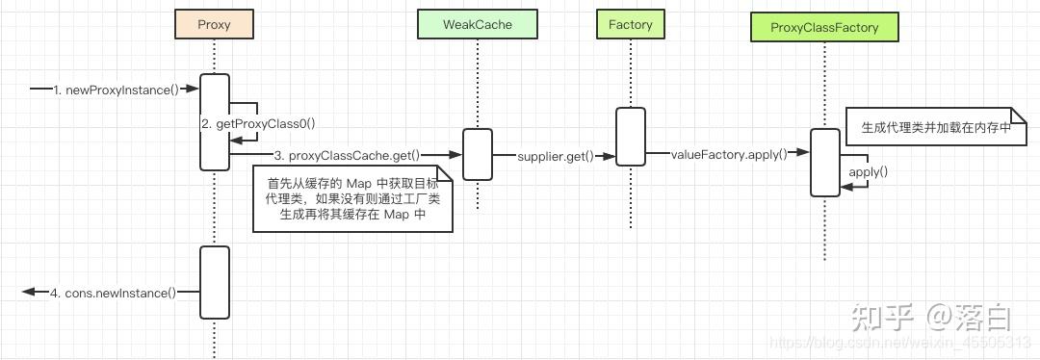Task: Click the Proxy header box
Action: tap(214, 25)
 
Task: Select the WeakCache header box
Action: tap(477, 25)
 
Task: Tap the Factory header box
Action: tap(630, 25)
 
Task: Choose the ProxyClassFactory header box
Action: tap(824, 27)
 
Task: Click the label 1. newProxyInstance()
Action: tap(117, 90)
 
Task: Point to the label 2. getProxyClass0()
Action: tap(259, 123)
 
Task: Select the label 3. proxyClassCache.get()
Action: tap(347, 155)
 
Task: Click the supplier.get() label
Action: tap(555, 155)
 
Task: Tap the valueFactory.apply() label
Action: tap(729, 153)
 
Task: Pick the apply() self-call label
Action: tap(868, 171)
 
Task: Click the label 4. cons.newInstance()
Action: tap(114, 293)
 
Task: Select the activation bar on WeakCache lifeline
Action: tap(477, 154)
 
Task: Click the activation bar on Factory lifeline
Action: tap(630, 136)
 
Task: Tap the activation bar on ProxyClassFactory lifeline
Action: tap(824, 162)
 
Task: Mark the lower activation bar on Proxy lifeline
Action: tap(214, 282)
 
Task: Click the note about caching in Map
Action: tap(351, 198)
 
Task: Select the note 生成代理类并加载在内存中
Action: tap(929, 127)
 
